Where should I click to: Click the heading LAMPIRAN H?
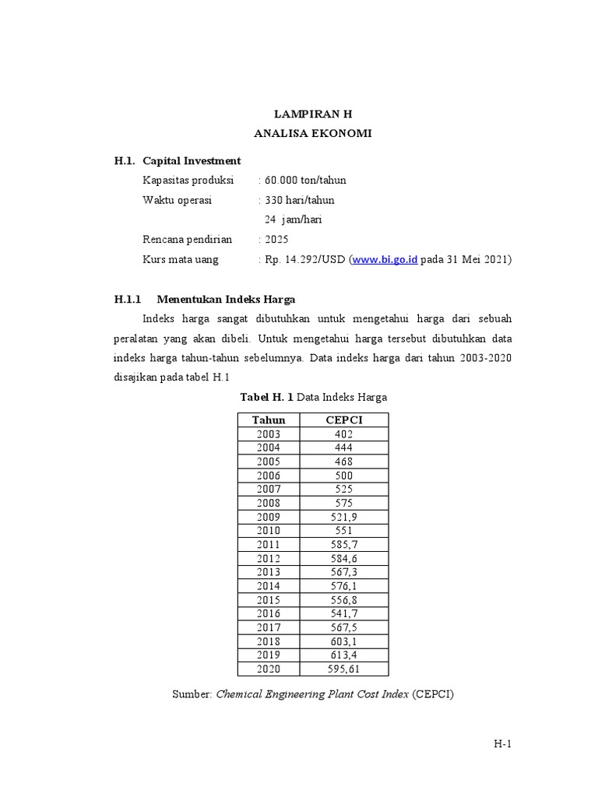click(x=313, y=114)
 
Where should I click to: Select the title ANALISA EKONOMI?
click(x=313, y=133)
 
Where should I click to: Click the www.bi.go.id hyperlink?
click(x=385, y=259)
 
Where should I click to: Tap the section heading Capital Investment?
click(x=192, y=160)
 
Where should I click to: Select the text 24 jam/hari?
click(x=294, y=219)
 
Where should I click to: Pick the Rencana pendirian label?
click(x=188, y=239)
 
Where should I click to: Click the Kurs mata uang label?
click(x=181, y=259)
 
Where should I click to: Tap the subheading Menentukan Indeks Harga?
click(x=226, y=299)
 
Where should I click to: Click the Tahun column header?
click(x=269, y=420)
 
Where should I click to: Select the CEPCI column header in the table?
click(x=343, y=420)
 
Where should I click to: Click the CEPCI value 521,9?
click(x=343, y=517)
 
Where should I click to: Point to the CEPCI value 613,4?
click(x=343, y=655)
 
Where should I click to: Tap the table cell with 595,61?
click(x=343, y=669)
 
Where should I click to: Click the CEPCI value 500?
click(x=343, y=475)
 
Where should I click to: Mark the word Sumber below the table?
click(x=192, y=693)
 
